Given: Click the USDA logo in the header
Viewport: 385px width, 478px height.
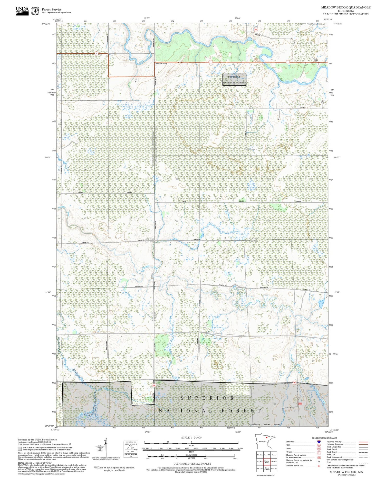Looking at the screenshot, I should coord(22,11).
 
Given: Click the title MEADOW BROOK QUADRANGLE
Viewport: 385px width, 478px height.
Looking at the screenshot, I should coord(346,7).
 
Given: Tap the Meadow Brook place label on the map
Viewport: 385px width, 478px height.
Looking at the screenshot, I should coord(161,64).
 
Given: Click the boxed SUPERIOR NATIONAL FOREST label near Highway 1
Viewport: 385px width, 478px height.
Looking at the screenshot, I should coord(234,80).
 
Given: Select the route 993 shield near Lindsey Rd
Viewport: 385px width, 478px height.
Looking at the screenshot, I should coord(256,30).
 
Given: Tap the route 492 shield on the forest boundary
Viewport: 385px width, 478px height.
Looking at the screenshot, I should coord(294,383).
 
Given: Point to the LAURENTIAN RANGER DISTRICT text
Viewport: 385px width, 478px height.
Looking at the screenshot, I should coord(265,425).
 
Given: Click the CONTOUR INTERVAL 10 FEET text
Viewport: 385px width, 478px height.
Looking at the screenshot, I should coord(192,464).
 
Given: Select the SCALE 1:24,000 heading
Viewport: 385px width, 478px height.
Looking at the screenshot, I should coord(191,437).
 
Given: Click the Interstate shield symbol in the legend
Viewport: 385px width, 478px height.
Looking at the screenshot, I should coord(319,442).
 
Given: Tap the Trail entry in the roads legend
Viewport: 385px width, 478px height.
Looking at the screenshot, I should coord(329,462).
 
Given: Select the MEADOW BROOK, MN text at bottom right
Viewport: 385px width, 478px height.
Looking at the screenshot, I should coord(346,472).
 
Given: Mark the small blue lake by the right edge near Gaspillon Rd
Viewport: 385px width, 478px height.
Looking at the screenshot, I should coord(321,304).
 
